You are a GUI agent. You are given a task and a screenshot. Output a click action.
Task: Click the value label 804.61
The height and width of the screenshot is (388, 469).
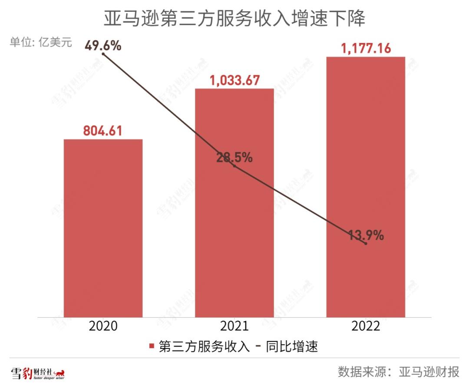(x=103, y=130)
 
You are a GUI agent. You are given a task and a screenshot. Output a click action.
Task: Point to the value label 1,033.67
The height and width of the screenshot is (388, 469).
(x=234, y=80)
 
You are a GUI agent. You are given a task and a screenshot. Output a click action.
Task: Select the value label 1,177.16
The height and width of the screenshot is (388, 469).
(x=366, y=48)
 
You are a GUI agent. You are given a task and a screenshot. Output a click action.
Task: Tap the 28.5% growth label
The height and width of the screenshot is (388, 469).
(x=234, y=158)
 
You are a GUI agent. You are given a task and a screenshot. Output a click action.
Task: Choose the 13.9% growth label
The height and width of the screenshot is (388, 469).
(x=366, y=235)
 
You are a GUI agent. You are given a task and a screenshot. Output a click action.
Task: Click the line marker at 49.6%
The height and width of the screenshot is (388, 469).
(x=103, y=54)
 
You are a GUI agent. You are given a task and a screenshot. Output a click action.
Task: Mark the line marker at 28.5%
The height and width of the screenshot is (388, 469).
(x=234, y=166)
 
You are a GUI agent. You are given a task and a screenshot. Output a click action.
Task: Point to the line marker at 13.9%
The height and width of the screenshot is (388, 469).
(x=366, y=244)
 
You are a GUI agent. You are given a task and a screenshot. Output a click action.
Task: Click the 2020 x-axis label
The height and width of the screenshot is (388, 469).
(x=103, y=326)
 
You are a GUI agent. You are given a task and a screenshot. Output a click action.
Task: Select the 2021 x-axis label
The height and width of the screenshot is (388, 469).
(x=234, y=326)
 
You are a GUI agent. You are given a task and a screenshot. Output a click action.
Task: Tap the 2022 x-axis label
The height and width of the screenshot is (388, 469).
(x=366, y=326)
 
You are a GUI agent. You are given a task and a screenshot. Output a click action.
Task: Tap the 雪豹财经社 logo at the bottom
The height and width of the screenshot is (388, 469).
(x=38, y=373)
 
